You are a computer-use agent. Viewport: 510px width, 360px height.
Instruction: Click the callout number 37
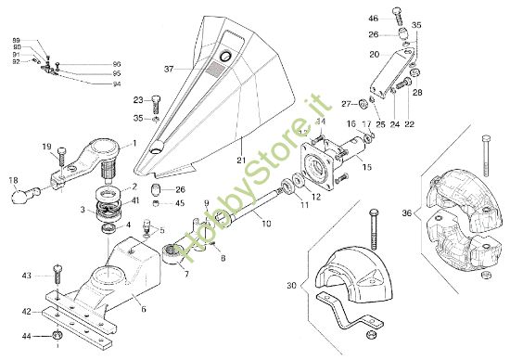(x=169, y=70)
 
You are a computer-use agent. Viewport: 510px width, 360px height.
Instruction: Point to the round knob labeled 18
(x=20, y=196)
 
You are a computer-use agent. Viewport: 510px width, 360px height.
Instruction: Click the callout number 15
(x=366, y=168)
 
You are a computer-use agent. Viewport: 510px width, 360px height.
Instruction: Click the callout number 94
(x=116, y=84)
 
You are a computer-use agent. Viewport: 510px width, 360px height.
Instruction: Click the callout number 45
(x=180, y=202)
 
